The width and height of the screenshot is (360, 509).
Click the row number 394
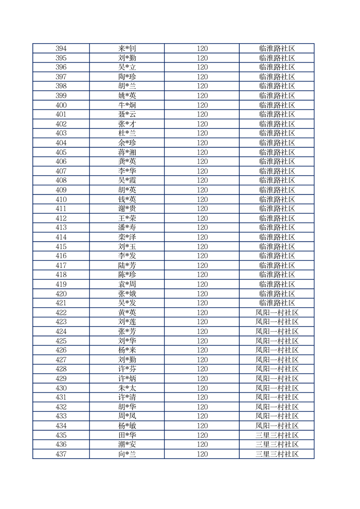click(61, 49)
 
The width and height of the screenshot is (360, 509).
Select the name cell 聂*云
click(127, 114)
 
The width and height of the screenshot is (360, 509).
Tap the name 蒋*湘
click(127, 152)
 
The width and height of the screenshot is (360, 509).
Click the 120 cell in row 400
click(202, 105)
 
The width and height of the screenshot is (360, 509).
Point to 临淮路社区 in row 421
click(277, 303)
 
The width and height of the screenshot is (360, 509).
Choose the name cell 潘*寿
click(127, 228)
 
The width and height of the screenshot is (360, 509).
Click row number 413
click(61, 228)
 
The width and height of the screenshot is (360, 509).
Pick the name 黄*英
click(127, 313)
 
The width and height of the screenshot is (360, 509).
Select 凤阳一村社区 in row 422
click(277, 313)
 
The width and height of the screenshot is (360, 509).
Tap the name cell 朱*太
click(127, 388)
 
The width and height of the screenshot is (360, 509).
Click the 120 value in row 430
click(202, 388)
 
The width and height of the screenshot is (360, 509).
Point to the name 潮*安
click(127, 445)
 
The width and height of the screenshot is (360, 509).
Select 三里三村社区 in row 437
click(277, 454)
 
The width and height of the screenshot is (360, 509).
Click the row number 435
click(61, 435)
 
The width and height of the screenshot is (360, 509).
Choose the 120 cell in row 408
click(202, 181)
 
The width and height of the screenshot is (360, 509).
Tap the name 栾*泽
click(127, 237)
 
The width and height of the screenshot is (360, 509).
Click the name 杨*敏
click(127, 426)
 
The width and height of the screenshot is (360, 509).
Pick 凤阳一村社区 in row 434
click(277, 426)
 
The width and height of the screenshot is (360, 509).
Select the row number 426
click(61, 350)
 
